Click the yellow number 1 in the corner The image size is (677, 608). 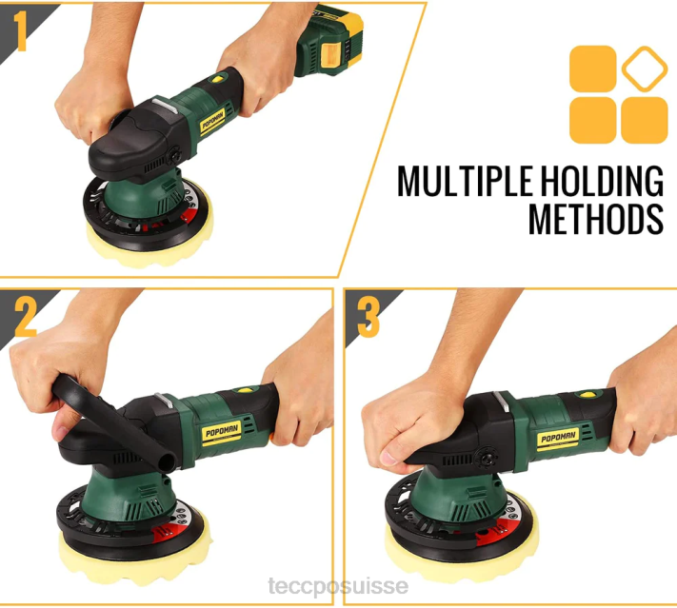[x=20, y=31]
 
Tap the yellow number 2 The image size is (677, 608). [x=26, y=318]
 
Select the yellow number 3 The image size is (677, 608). [x=368, y=318]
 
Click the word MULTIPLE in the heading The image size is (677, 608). [x=465, y=181]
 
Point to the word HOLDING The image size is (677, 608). [x=602, y=181]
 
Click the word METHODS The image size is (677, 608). [x=596, y=219]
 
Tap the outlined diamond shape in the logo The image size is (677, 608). [x=645, y=69]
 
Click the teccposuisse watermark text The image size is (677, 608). [x=338, y=586]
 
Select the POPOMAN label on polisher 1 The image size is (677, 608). [x=213, y=121]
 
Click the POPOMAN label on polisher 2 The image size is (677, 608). [x=222, y=431]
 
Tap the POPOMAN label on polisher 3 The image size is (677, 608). [x=559, y=439]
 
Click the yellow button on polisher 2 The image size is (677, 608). [x=246, y=390]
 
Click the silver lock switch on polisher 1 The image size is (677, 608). [x=165, y=106]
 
